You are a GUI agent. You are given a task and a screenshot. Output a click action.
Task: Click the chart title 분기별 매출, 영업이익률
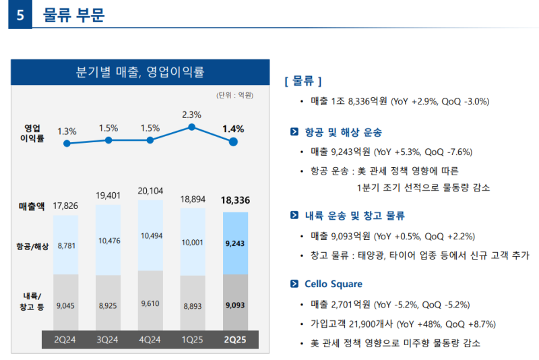(x=141, y=72)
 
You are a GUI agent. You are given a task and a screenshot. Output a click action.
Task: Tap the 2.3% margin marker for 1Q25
(x=192, y=127)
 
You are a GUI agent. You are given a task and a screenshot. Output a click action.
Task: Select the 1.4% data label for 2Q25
(x=233, y=128)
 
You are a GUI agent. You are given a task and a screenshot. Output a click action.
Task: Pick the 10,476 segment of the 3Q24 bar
(x=109, y=241)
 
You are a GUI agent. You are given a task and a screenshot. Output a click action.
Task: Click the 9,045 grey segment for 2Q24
(x=65, y=305)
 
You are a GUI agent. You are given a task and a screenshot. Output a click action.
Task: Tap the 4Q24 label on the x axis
(x=150, y=339)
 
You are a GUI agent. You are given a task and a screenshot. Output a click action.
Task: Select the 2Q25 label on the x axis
(x=234, y=339)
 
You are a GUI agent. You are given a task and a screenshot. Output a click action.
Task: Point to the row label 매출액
(x=32, y=206)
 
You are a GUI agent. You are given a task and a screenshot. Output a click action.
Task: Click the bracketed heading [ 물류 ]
(x=303, y=81)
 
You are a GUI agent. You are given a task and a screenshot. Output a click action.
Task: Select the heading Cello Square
(x=333, y=284)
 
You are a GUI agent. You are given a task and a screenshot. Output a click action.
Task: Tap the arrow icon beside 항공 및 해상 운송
(x=294, y=132)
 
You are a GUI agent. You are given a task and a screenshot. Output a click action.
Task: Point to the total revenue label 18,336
(x=235, y=200)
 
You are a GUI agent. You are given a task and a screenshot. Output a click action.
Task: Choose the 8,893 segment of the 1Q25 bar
(x=193, y=305)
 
